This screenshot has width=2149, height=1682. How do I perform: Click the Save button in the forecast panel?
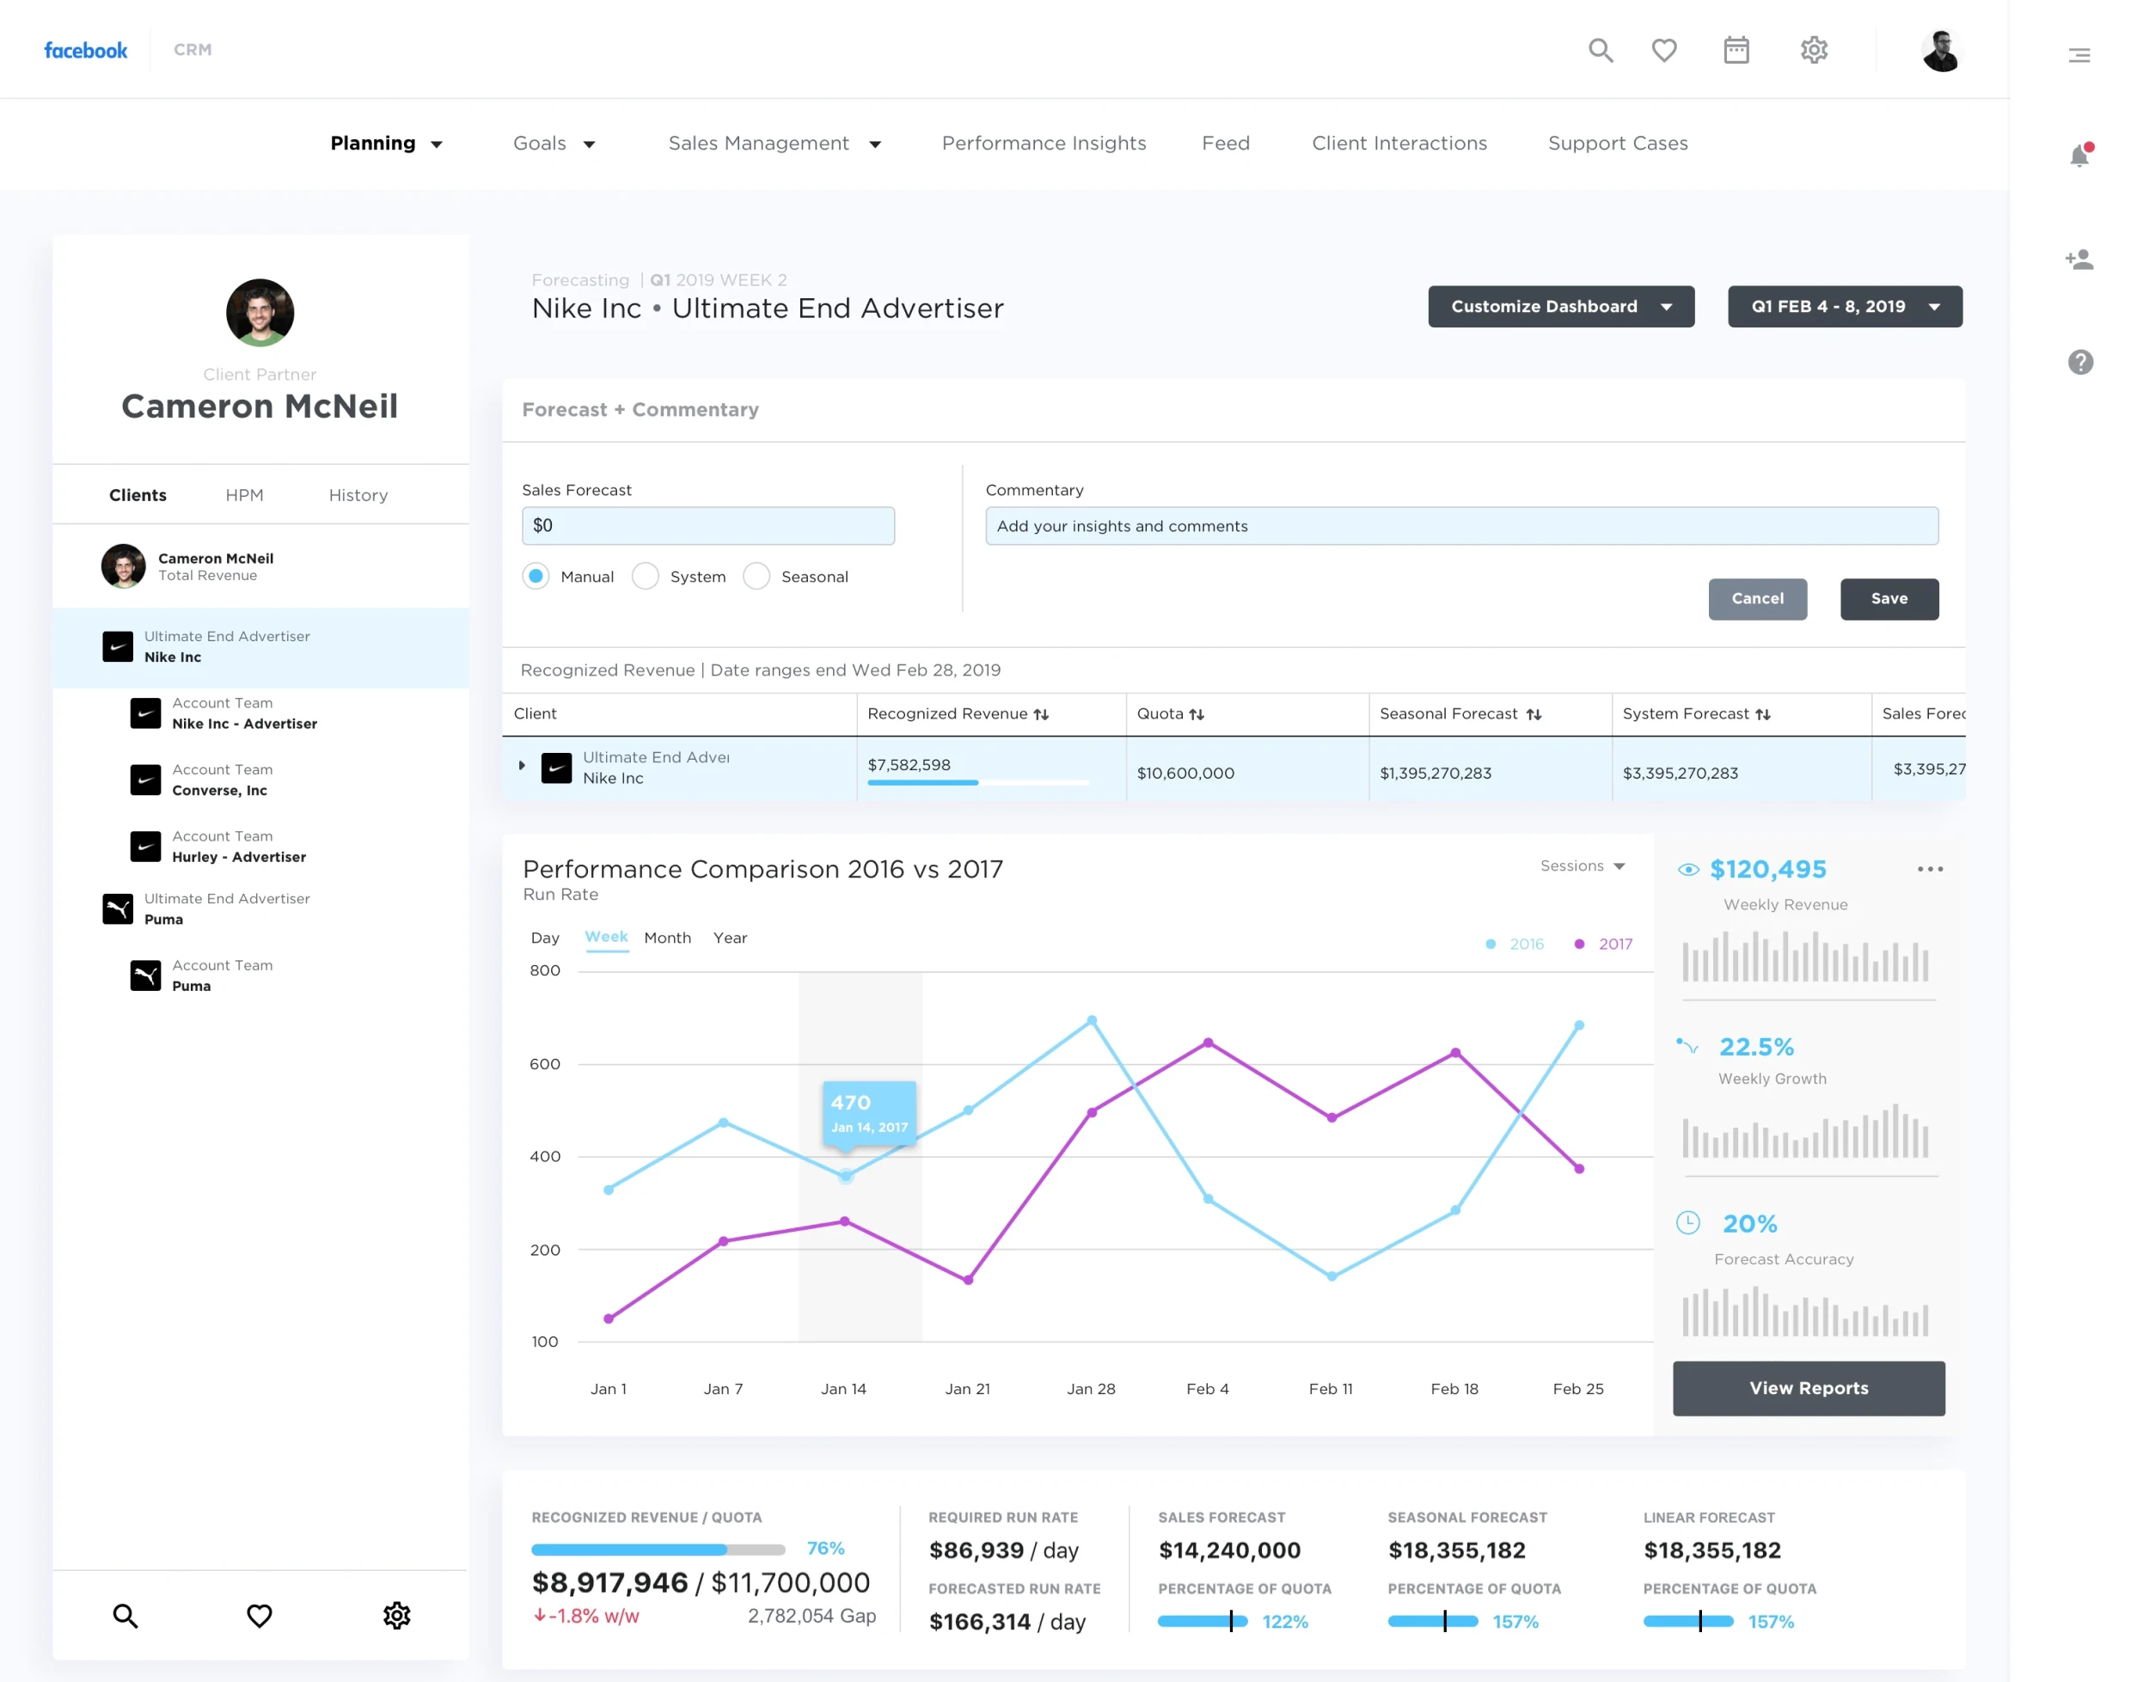(x=1888, y=599)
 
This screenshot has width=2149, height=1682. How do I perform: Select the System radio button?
(x=645, y=576)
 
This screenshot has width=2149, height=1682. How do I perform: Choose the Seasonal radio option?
(x=756, y=576)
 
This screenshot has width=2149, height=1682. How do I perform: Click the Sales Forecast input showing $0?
(x=707, y=526)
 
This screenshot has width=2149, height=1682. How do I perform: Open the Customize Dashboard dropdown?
(x=1560, y=306)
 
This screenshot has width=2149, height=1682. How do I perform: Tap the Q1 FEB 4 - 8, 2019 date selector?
(x=1844, y=306)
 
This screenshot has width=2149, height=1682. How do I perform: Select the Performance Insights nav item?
(x=1043, y=144)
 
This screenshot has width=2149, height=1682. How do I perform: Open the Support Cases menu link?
(x=1617, y=144)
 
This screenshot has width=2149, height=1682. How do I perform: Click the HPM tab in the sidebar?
(x=244, y=495)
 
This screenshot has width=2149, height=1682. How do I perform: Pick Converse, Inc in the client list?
(x=219, y=791)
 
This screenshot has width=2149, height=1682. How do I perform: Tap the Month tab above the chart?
(x=667, y=938)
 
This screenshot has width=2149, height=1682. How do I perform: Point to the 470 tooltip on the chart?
(x=869, y=1113)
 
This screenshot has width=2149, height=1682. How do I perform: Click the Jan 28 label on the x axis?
(x=1090, y=1389)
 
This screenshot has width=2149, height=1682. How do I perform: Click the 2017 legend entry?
(x=1603, y=944)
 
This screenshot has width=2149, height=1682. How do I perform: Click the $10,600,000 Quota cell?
(x=1185, y=773)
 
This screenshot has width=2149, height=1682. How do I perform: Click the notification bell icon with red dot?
(x=2079, y=155)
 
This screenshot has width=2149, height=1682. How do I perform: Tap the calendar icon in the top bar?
(x=1736, y=49)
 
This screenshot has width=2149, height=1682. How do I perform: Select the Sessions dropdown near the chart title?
(x=1582, y=865)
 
